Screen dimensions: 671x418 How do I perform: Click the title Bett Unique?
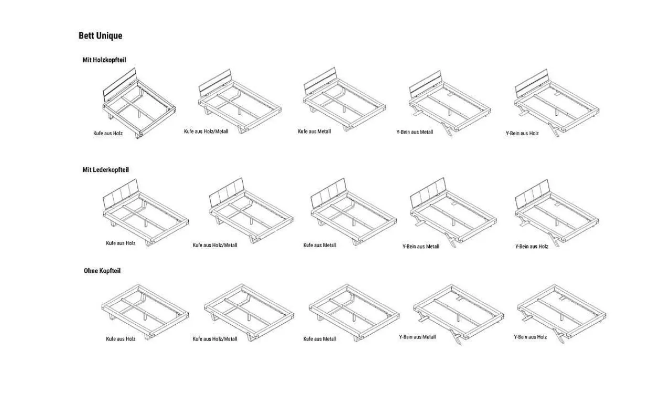100,36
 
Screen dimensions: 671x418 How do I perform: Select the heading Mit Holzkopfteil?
104,60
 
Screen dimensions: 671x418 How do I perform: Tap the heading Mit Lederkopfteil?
105,170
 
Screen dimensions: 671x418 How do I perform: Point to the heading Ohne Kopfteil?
102,271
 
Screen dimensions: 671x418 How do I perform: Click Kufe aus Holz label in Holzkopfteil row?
108,133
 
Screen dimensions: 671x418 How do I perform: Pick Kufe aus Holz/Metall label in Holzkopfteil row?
206,131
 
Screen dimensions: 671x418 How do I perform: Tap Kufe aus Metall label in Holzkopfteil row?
314,131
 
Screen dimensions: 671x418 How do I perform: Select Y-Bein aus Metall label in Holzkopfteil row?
415,132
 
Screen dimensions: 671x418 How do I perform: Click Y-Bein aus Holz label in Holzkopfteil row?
522,133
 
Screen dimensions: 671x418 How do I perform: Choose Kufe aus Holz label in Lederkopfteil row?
121,243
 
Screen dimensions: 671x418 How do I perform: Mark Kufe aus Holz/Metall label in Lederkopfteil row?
215,245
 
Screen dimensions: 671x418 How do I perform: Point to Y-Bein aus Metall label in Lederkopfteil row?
421,246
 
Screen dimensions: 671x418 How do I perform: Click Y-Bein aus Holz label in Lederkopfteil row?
532,246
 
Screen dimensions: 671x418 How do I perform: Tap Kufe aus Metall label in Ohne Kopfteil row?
320,339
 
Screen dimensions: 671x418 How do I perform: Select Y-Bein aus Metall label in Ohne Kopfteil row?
417,337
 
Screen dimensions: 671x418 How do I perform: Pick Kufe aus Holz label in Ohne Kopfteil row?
121,339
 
